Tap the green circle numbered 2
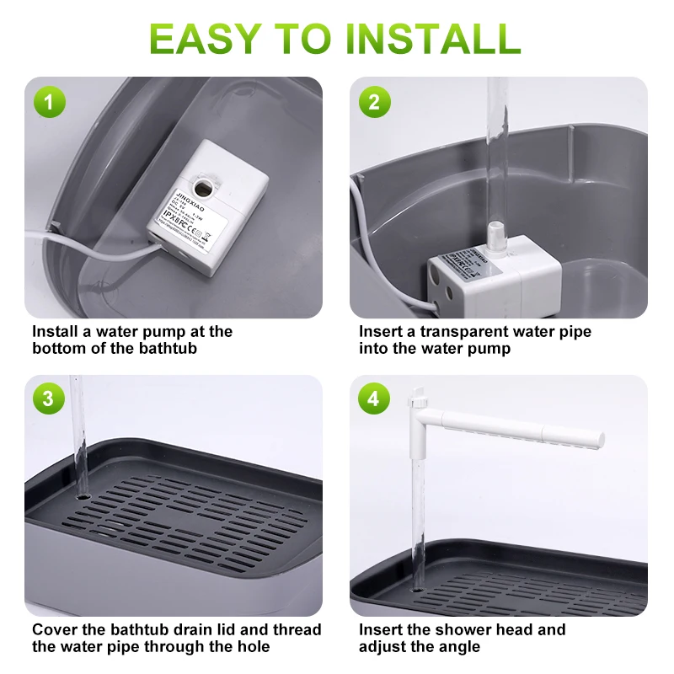tap(374, 104)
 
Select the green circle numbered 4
tap(374, 399)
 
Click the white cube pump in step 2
tap(493, 278)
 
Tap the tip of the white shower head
tap(598, 439)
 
